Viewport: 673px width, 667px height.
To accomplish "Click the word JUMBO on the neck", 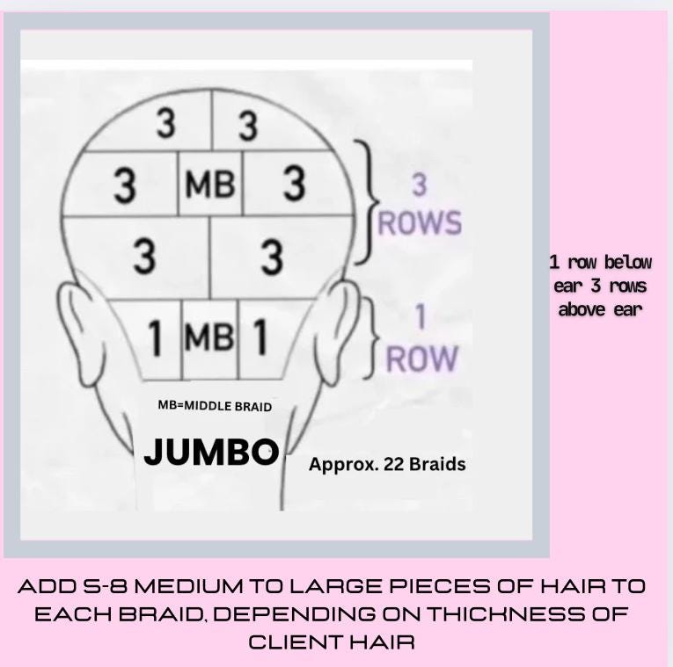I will tap(211, 452).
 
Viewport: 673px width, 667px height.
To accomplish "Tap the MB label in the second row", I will tap(209, 185).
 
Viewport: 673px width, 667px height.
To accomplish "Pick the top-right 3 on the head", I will tap(248, 126).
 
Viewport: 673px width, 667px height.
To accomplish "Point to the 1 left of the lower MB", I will tap(156, 337).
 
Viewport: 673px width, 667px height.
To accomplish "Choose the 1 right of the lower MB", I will tap(260, 337).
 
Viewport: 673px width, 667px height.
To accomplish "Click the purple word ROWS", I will tap(420, 222).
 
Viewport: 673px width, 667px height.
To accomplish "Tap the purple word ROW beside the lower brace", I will tap(423, 358).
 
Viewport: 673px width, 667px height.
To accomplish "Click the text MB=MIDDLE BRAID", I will tap(215, 406).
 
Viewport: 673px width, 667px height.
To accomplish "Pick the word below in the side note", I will tap(627, 262).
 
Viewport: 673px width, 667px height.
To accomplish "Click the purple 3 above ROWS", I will tap(420, 185).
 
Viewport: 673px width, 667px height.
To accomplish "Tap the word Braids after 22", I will tap(436, 463).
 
